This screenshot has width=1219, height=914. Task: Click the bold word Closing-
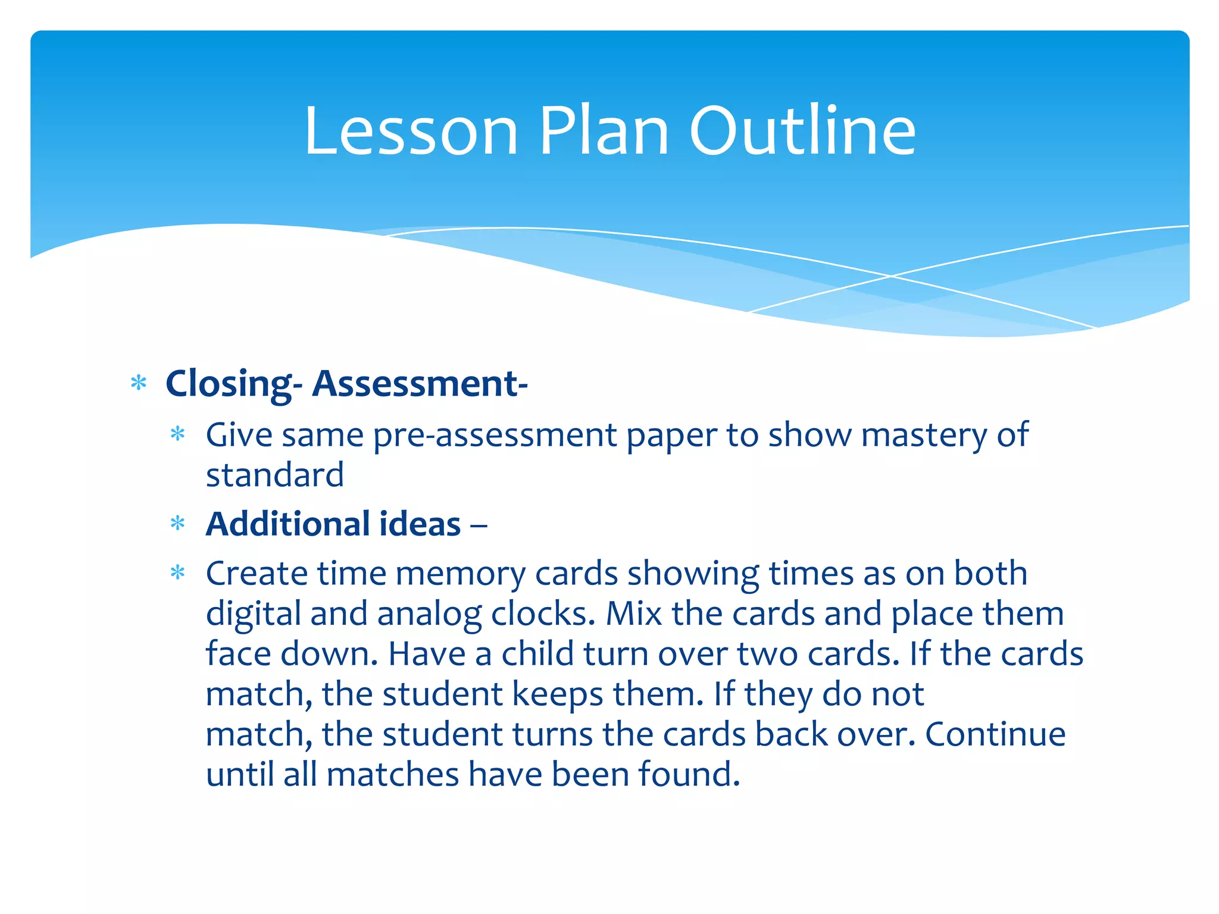click(234, 384)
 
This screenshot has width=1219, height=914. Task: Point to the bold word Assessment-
click(420, 384)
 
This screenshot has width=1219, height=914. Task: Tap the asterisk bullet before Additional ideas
click(178, 524)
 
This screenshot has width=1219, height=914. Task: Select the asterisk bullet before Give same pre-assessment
click(178, 434)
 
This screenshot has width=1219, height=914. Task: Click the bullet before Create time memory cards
click(178, 573)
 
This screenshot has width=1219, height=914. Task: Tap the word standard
click(275, 475)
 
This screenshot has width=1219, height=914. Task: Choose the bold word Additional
click(288, 524)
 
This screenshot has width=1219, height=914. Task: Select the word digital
click(253, 614)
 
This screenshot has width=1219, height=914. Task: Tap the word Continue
click(995, 734)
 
